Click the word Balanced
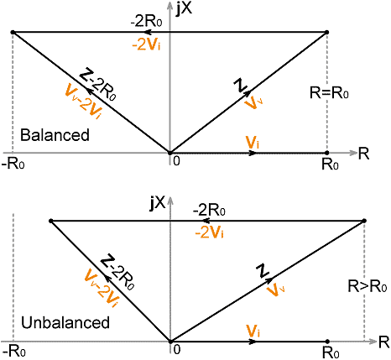click(55, 135)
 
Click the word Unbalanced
click(65, 322)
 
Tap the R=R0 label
click(329, 92)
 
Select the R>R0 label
click(368, 286)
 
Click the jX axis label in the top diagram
click(184, 9)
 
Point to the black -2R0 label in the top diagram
click(146, 21)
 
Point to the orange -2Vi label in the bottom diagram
click(210, 232)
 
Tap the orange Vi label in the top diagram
click(253, 143)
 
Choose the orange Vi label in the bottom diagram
click(253, 331)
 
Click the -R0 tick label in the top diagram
click(13, 164)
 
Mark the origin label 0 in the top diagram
click(176, 161)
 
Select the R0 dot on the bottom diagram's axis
click(327, 342)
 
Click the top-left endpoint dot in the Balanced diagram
click(13, 33)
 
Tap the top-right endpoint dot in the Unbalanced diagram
click(364, 221)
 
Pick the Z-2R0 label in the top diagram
click(97, 85)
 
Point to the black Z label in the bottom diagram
click(263, 270)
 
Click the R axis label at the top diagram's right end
click(363, 154)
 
